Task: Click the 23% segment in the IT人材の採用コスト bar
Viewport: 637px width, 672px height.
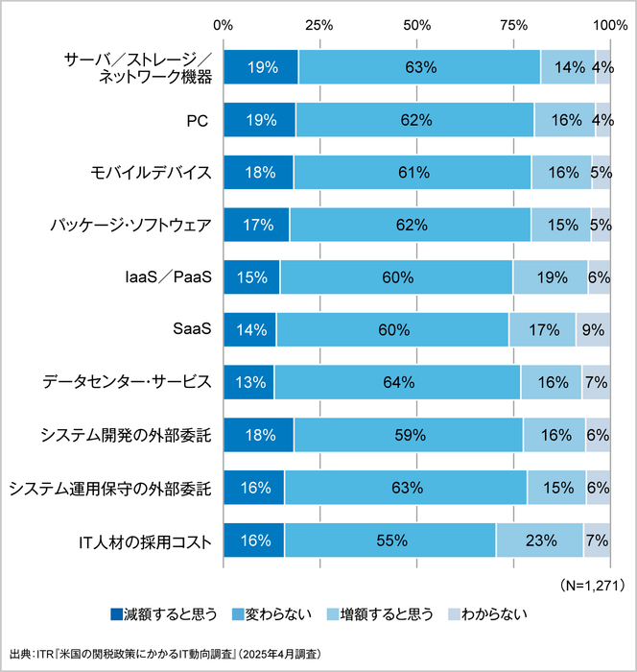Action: pyautogui.click(x=539, y=540)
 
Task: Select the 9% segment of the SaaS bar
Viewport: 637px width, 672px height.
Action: pyautogui.click(x=593, y=329)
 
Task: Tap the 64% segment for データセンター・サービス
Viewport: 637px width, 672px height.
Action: pyautogui.click(x=397, y=382)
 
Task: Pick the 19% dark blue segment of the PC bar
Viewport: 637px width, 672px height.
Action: pyautogui.click(x=260, y=120)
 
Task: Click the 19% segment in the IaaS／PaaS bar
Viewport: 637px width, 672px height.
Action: pyautogui.click(x=550, y=277)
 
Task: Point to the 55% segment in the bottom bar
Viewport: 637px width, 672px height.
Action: pyautogui.click(x=389, y=540)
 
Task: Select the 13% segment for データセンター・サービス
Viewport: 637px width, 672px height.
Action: pyautogui.click(x=248, y=382)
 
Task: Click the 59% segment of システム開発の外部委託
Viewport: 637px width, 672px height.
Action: pyautogui.click(x=409, y=435)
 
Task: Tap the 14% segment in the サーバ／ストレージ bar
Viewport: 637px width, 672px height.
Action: pyautogui.click(x=567, y=67)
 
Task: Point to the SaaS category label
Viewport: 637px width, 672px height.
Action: pyautogui.click(x=190, y=329)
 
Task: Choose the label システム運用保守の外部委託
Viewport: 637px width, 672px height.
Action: pyautogui.click(x=109, y=488)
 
